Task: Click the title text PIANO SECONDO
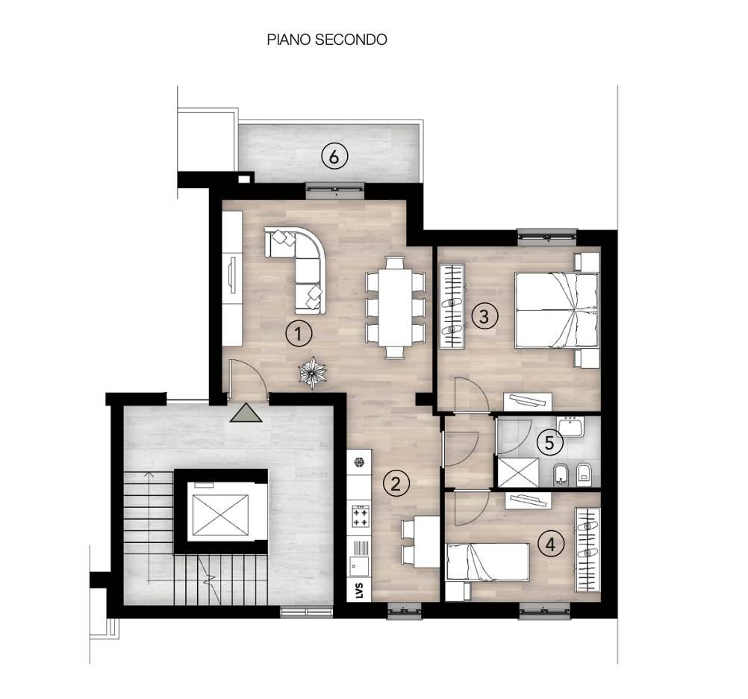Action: pos(327,40)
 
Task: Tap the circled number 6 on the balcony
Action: pos(334,157)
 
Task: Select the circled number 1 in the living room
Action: pos(299,334)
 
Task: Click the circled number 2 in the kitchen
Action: pos(396,483)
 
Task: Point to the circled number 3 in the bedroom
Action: pos(484,316)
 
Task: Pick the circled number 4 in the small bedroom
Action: pos(551,544)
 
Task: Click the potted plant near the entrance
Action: pos(312,373)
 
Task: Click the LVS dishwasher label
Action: pos(359,591)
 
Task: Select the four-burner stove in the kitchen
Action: pos(360,515)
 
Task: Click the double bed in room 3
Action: pos(557,310)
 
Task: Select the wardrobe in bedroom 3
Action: pos(452,305)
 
